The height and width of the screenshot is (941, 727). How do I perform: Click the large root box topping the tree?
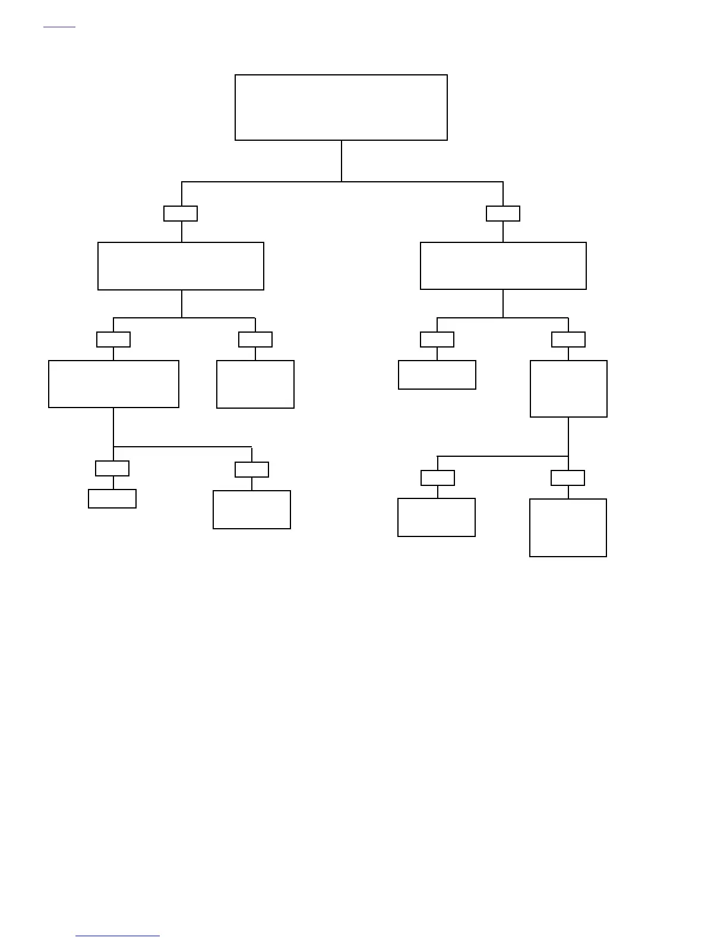[x=341, y=108]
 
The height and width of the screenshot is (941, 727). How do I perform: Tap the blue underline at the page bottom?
[x=118, y=936]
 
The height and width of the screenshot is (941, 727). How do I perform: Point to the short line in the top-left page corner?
[x=59, y=27]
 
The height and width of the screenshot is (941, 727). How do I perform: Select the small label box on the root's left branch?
[x=181, y=213]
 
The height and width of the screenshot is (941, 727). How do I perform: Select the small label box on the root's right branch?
[x=503, y=213]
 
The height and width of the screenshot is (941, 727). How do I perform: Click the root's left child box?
[x=181, y=266]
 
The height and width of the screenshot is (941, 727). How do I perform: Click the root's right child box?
[x=503, y=266]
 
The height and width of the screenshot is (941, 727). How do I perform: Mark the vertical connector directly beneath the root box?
[x=342, y=160]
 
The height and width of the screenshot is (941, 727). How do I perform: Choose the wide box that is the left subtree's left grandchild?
[x=113, y=384]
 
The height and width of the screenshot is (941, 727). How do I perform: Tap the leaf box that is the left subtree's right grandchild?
[x=255, y=384]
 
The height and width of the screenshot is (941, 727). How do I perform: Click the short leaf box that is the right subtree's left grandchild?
[x=437, y=375]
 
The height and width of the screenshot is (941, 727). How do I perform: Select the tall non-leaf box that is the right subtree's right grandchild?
[x=568, y=389]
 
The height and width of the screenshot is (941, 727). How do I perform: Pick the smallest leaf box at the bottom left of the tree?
[x=112, y=498]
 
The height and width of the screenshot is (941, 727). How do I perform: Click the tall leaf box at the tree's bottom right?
[x=568, y=528]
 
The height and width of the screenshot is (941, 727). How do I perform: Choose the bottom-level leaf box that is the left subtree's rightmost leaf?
[x=252, y=510]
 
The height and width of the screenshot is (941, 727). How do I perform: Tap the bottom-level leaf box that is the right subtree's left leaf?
[x=437, y=517]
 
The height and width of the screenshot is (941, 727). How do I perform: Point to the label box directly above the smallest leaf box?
[x=112, y=468]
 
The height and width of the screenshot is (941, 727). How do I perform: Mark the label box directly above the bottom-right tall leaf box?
[x=568, y=478]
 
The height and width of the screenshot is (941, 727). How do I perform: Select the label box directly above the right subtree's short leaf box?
[x=437, y=339]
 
